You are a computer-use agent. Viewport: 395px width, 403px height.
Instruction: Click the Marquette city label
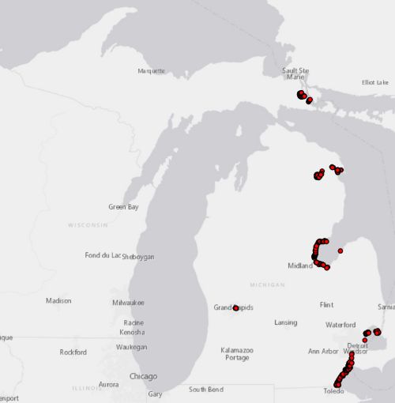click(152, 71)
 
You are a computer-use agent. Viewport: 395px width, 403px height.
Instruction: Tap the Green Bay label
click(123, 207)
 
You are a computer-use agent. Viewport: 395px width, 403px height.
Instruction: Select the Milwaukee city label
click(128, 303)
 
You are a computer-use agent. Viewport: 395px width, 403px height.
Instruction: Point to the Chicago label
click(143, 376)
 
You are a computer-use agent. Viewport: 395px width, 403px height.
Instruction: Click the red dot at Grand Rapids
click(235, 307)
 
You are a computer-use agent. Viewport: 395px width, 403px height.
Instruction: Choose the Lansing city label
click(286, 322)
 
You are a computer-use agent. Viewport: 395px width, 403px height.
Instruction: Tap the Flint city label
click(326, 305)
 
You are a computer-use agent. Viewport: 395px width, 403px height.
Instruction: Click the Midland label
click(299, 266)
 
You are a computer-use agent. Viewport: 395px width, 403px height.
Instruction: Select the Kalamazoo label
click(237, 349)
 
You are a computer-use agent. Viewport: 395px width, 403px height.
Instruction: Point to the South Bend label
click(205, 390)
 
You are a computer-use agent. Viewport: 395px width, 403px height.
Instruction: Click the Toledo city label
click(334, 391)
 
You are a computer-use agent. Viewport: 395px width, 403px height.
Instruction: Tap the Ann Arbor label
click(323, 351)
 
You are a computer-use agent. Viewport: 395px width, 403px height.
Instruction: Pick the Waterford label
click(340, 325)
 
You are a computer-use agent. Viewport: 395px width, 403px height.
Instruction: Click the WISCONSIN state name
click(88, 225)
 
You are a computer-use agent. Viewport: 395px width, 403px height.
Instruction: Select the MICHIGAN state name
click(267, 284)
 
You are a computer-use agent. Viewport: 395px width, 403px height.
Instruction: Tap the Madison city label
click(58, 301)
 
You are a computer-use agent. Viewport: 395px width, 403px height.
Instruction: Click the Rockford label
click(73, 352)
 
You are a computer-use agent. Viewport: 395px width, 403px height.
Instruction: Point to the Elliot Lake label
click(375, 82)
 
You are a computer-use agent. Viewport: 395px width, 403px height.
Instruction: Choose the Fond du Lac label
click(103, 256)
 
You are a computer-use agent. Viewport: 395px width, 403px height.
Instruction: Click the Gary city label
click(155, 394)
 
